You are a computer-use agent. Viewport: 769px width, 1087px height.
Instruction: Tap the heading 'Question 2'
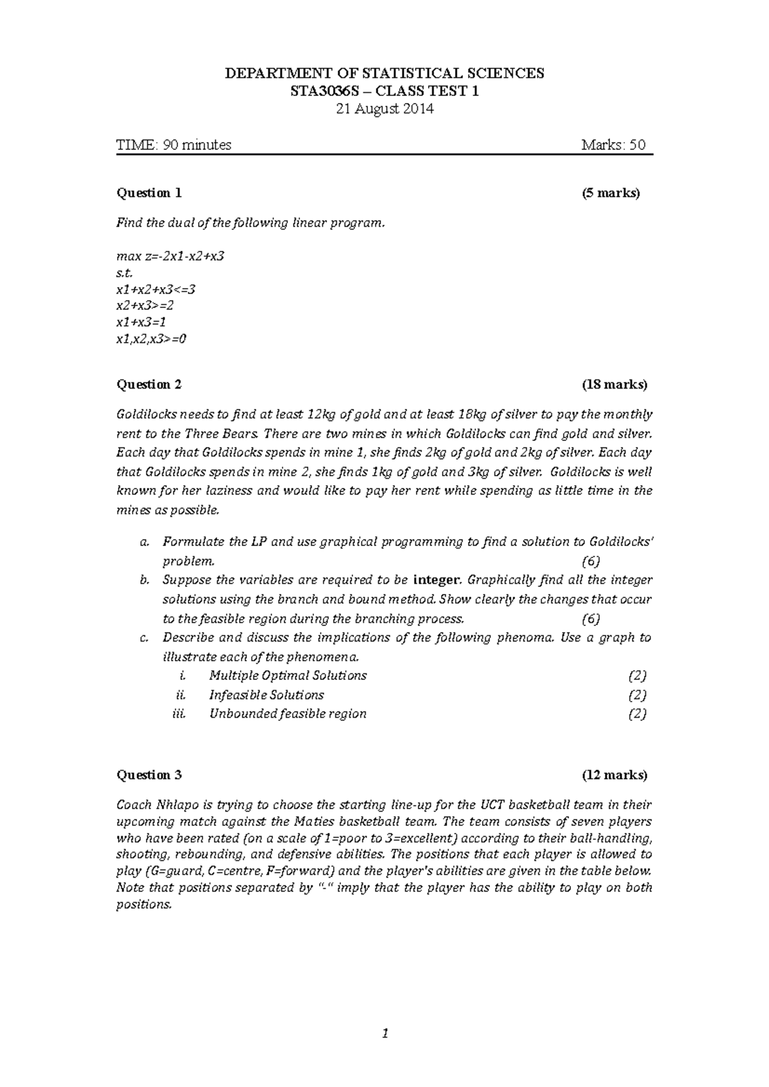click(149, 384)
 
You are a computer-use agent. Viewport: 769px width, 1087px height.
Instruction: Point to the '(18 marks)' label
click(614, 384)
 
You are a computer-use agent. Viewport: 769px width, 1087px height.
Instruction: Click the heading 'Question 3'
click(149, 775)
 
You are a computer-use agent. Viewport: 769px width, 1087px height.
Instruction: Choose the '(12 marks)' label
click(614, 775)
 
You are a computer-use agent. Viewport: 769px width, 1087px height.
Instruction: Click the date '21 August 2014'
click(384, 109)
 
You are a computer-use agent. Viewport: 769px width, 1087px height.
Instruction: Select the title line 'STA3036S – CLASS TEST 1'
click(384, 91)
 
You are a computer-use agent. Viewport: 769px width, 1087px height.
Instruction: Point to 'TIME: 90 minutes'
click(174, 145)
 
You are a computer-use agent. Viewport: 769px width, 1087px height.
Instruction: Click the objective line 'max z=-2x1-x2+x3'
click(170, 256)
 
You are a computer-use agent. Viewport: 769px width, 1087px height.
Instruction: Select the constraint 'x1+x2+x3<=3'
click(155, 289)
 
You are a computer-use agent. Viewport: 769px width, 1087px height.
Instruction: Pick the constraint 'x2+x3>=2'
click(145, 305)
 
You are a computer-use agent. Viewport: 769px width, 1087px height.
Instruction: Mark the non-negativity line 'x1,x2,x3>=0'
click(151, 339)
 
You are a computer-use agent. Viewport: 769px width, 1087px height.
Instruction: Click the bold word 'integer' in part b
click(437, 580)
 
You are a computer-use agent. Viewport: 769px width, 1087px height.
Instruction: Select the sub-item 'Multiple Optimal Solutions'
click(288, 675)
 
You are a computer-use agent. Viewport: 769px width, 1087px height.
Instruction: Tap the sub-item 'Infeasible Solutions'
click(266, 695)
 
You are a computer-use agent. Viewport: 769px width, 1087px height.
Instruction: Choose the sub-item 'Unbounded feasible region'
click(288, 714)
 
